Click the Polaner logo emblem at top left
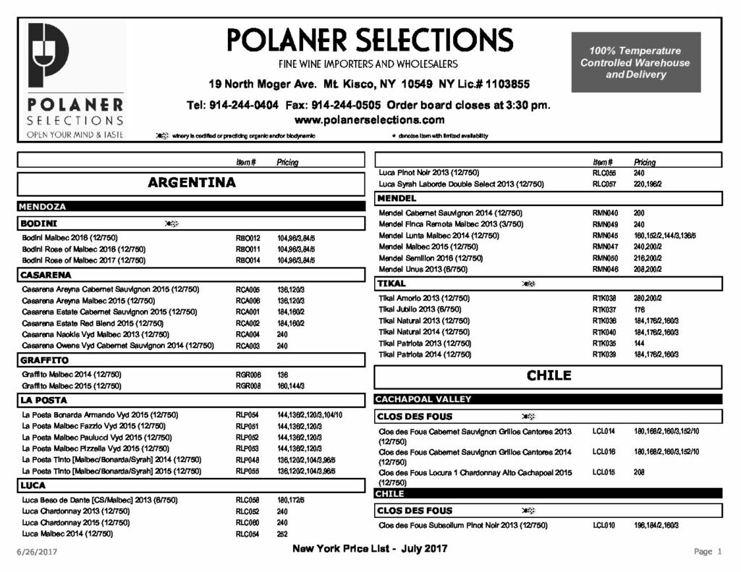pos(48,55)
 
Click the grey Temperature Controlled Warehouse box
pos(635,62)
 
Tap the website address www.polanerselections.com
pos(369,120)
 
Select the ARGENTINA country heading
pos(192,183)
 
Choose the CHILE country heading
pos(549,376)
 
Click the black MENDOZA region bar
pos(43,207)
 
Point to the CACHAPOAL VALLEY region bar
pos(423,399)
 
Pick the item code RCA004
pos(247,335)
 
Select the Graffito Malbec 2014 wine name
pos(72,375)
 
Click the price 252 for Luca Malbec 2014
pos(282,534)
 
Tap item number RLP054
pos(247,415)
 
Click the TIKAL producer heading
pos(391,284)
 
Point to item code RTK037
pos(604,310)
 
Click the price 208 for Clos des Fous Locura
pos(640,472)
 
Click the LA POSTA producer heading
pos(44,400)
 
